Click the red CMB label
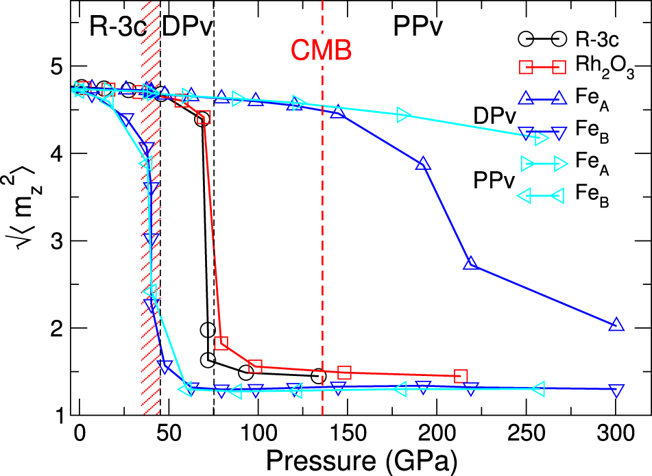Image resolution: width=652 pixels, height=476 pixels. pos(321,49)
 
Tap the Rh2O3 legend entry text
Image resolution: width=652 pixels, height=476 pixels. pos(600,66)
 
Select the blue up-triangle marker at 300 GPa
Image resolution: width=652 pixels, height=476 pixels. pos(616,325)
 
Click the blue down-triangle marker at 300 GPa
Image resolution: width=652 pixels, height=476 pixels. pos(616,390)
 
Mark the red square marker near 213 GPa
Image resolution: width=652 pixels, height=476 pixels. pos(461,376)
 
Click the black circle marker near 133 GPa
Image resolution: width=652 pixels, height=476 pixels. pos(318,376)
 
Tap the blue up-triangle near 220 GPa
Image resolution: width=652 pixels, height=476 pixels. pos(470,264)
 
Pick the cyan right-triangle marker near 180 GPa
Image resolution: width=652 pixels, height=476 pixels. pos(403,115)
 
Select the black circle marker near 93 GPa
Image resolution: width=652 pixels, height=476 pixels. pos(246,373)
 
